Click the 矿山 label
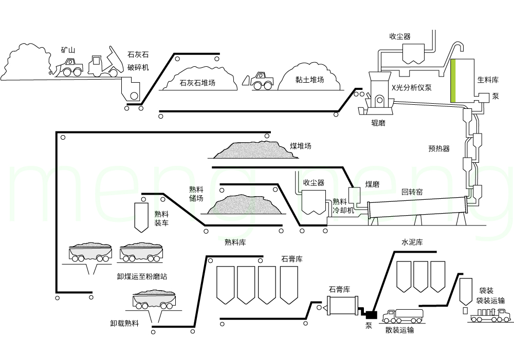[68, 50]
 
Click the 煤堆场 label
[301, 146]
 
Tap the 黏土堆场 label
[309, 80]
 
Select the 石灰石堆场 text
[197, 82]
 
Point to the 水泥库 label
[412, 242]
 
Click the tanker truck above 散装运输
[404, 315]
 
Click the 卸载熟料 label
[124, 324]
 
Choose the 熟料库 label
[235, 242]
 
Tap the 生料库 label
[488, 80]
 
